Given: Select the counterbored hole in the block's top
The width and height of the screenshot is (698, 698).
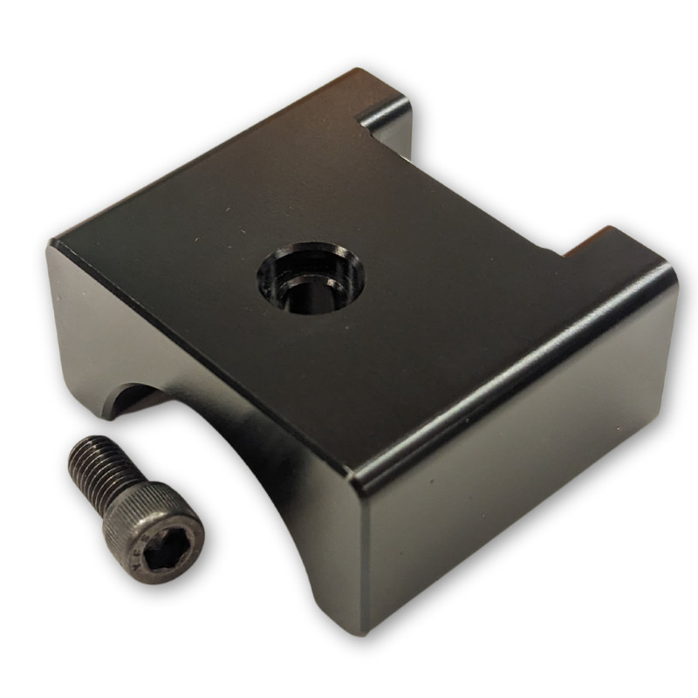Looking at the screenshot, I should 311,277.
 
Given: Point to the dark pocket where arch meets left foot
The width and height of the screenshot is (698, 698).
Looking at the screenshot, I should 131,401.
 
